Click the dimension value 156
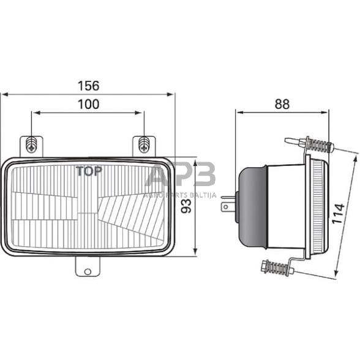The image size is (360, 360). point(88,86)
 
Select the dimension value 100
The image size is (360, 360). point(88,104)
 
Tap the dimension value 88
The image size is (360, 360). point(282,104)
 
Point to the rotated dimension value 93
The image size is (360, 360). point(187,206)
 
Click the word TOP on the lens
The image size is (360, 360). point(89,171)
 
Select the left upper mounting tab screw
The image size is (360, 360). point(32,145)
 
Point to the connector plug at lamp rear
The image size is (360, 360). point(227,204)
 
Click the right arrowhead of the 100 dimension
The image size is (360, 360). point(140,113)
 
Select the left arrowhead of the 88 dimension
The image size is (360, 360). point(239,113)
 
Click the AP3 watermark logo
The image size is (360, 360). point(181,176)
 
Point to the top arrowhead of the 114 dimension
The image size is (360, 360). point(354,157)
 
